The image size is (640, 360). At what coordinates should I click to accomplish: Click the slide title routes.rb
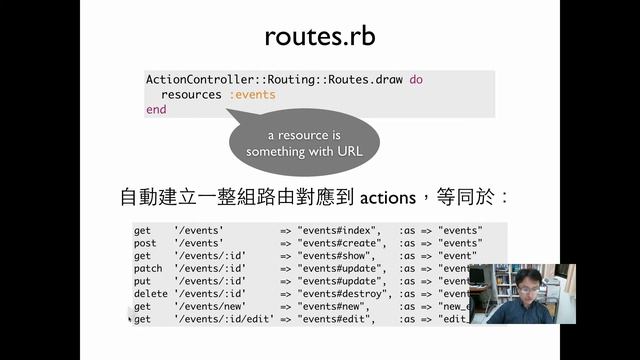pos(319,36)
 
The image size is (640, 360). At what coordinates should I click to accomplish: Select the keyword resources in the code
pos(191,94)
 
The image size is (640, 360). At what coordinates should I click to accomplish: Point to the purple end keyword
pos(156,109)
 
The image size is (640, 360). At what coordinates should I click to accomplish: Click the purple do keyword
pos(416,79)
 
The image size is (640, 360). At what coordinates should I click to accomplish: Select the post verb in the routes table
pos(145,243)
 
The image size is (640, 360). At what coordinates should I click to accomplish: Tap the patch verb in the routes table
pos(147,268)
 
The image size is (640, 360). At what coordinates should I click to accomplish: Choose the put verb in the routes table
pos(142,281)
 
